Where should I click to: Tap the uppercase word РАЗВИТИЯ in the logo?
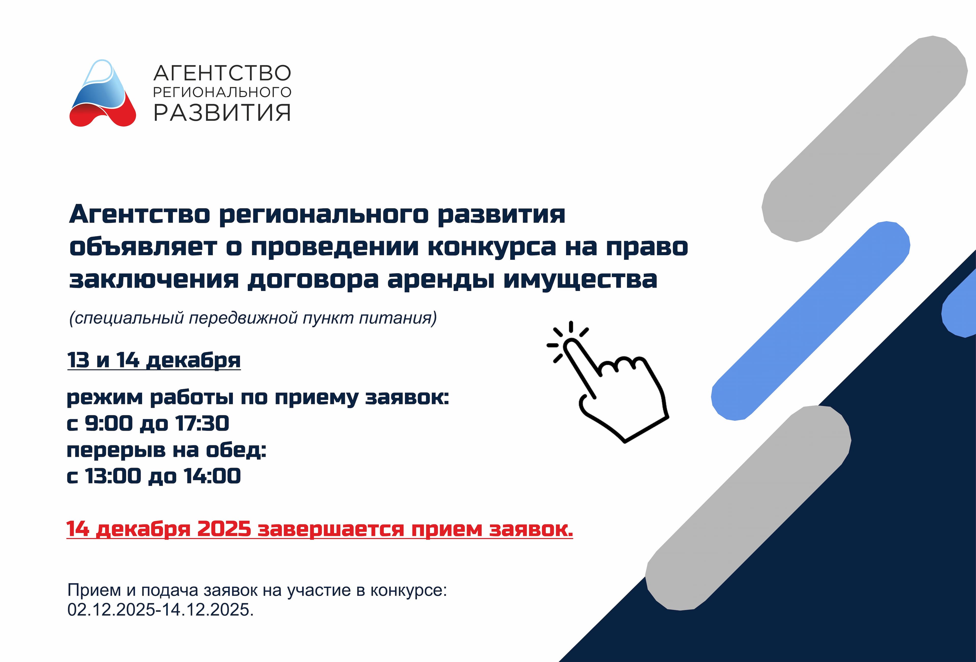222,113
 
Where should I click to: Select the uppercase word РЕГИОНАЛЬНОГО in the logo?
222,92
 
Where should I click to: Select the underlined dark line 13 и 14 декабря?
154,360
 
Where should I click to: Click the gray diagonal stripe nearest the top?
865,139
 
